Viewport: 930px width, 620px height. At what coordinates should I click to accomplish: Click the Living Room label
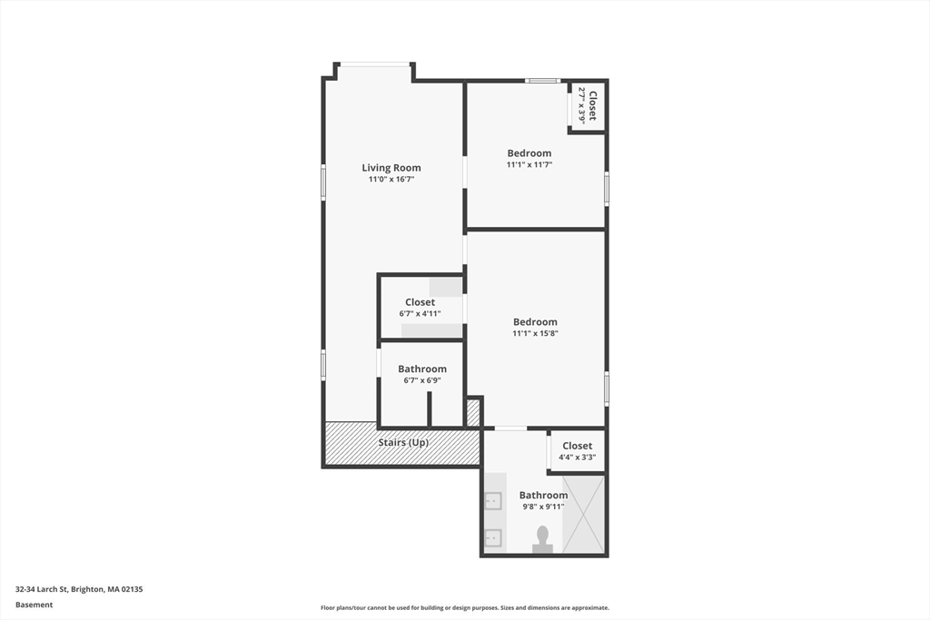391,168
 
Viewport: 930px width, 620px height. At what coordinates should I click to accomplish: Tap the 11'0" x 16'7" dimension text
391,180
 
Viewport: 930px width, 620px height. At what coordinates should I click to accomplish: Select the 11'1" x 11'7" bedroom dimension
529,165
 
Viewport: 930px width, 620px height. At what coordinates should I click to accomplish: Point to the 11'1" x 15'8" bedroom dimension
535,334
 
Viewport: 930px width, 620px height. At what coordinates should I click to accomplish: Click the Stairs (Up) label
403,443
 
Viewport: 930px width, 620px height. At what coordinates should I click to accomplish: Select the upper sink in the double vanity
493,500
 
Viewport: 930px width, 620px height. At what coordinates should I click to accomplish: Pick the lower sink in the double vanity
493,537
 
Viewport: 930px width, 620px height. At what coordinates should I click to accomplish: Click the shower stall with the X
583,514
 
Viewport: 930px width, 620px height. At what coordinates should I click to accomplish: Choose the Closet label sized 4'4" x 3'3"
578,446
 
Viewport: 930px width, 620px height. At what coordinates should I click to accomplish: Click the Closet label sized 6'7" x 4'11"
420,302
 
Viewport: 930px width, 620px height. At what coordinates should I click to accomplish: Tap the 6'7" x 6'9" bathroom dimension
422,381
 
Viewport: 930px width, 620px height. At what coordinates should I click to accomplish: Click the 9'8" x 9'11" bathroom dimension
543,507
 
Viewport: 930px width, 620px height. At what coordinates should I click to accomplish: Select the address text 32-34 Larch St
79,589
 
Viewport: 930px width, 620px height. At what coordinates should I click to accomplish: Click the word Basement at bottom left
35,605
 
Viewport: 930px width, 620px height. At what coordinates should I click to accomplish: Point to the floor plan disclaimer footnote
464,608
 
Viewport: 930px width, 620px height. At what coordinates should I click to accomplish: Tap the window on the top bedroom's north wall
543,81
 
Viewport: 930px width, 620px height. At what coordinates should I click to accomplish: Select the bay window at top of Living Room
375,64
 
